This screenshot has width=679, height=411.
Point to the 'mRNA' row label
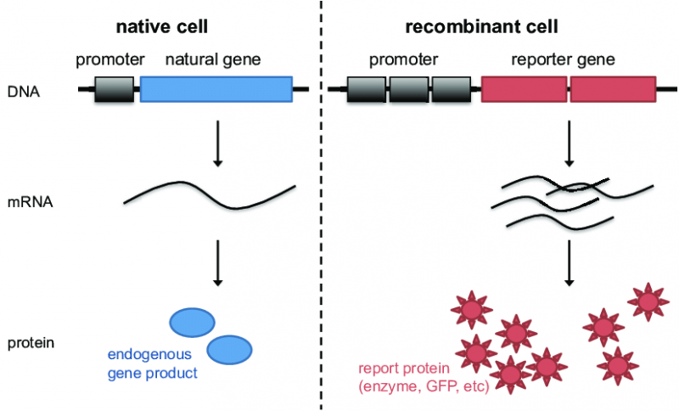point(27,204)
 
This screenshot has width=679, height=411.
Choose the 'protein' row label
point(30,343)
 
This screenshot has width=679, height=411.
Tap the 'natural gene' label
point(212,60)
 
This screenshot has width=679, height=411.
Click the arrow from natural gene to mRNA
point(217,143)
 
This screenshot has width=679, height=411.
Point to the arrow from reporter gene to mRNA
point(569,143)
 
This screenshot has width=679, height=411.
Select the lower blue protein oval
point(228,347)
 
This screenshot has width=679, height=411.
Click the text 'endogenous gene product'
point(150,363)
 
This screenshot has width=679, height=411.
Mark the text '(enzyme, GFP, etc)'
point(418,386)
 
